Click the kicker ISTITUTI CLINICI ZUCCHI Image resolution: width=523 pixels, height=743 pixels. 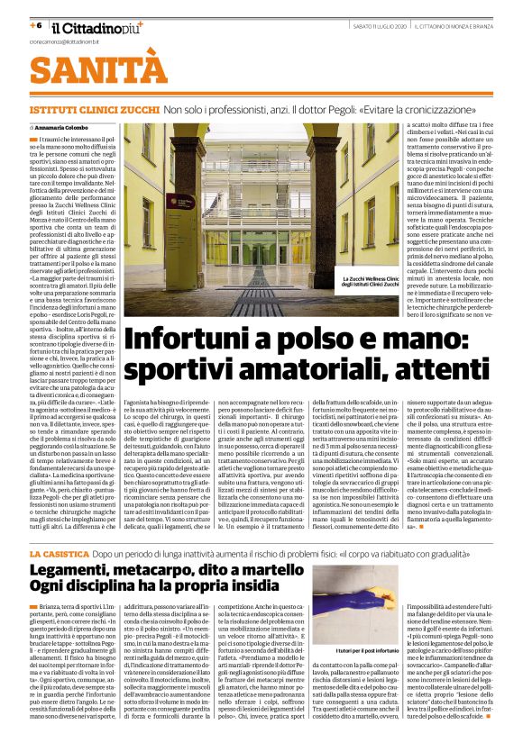pos(94,108)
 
